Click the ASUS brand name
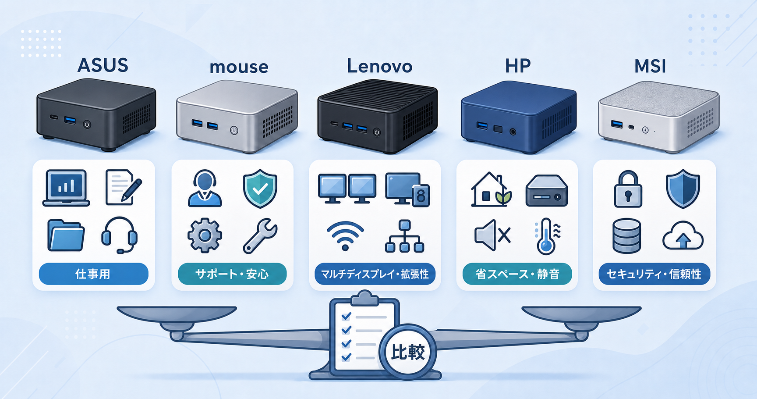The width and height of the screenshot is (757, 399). [103, 65]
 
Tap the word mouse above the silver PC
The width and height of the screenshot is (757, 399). [239, 67]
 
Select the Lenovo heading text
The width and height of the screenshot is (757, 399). [379, 66]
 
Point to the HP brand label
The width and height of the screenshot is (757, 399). [518, 66]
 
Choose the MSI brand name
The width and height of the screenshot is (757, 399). [650, 66]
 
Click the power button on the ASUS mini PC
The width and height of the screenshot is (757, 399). [87, 124]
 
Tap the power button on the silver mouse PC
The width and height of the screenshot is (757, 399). [234, 130]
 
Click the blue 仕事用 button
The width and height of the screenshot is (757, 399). [93, 274]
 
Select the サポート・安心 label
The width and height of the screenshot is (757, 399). [232, 274]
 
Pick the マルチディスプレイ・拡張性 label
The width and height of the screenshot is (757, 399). [375, 274]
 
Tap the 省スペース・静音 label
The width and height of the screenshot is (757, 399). [517, 274]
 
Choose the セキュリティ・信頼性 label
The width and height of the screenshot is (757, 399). [654, 274]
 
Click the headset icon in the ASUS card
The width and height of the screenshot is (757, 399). [119, 235]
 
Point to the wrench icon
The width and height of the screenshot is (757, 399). [260, 236]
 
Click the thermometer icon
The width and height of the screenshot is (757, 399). [547, 237]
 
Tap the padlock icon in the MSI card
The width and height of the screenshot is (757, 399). [628, 189]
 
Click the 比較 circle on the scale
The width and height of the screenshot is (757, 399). [408, 352]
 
